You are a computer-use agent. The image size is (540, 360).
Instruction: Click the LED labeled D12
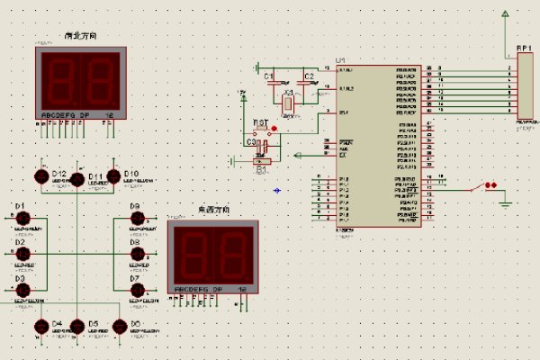(x=41, y=176)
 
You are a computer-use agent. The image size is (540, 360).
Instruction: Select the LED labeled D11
(x=77, y=179)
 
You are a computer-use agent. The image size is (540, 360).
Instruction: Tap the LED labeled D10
(x=114, y=176)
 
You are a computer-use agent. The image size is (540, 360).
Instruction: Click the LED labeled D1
(x=24, y=219)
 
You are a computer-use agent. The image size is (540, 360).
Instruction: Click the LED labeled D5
(x=77, y=327)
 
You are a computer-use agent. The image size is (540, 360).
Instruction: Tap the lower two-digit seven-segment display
(x=212, y=257)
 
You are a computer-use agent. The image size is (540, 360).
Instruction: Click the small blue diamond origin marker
(x=276, y=190)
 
